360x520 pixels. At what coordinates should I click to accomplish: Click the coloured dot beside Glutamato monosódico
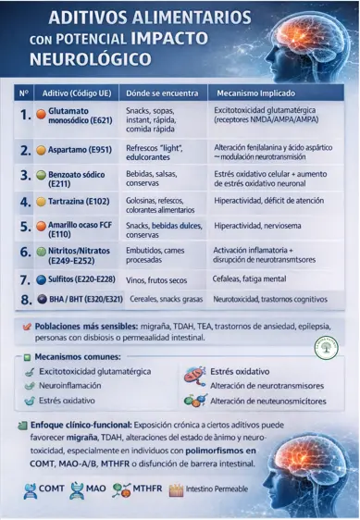coord(41,112)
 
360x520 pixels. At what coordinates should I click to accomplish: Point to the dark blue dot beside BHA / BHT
coord(41,300)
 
